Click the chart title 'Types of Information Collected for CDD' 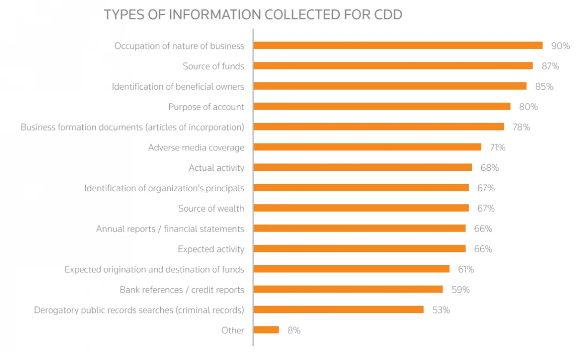tap(253, 15)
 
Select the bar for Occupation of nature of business tap(398, 46)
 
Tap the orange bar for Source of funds tap(393, 66)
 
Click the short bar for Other tap(267, 330)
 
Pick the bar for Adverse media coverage tap(368, 147)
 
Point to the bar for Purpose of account tap(382, 107)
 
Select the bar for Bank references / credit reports tap(348, 289)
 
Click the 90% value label tap(561, 46)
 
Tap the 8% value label tap(294, 330)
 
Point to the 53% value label tap(441, 310)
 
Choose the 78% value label tap(521, 127)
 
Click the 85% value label tap(545, 86)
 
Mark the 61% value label tap(466, 269)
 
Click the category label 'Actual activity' tap(216, 168)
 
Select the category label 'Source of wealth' tap(211, 209)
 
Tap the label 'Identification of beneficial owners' tap(178, 86)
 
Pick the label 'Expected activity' tap(211, 249)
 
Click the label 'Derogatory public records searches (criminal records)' tap(139, 310)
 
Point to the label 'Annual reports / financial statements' tap(170, 228)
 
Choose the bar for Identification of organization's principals tap(361, 188)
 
